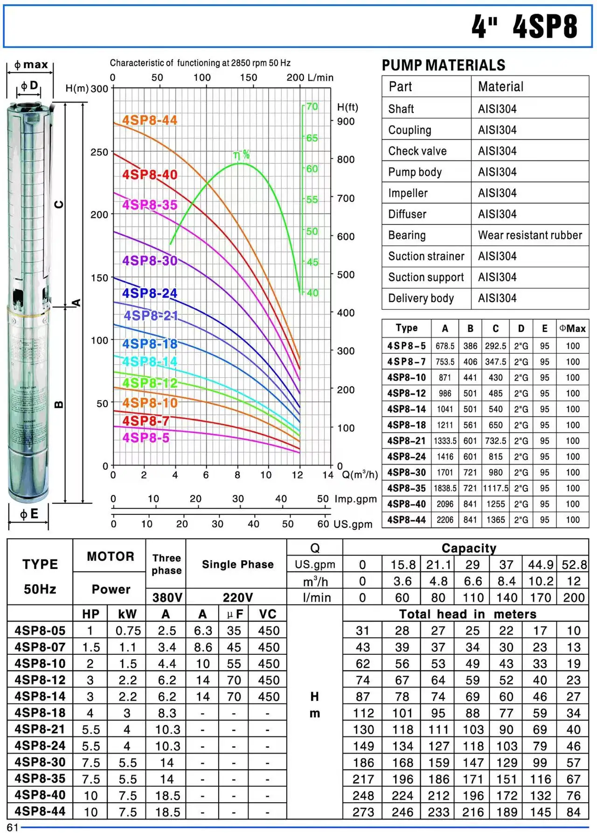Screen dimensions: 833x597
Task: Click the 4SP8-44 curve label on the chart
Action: coord(150,120)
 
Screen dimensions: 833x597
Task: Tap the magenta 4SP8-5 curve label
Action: coord(146,438)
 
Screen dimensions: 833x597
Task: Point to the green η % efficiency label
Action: coord(242,155)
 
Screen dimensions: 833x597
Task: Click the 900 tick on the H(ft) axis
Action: coord(346,121)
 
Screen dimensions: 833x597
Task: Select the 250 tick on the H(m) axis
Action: coord(99,152)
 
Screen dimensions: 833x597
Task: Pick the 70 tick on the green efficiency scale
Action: coord(312,106)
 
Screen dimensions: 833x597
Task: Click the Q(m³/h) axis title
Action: coord(360,475)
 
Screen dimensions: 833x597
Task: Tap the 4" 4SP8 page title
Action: coord(524,26)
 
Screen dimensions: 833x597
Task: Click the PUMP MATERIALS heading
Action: coord(444,65)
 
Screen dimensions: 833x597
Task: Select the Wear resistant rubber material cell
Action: coord(530,235)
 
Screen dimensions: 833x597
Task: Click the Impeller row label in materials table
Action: coord(408,193)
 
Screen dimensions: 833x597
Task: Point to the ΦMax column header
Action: coord(572,328)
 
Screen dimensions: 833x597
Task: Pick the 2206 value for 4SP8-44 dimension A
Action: coord(445,520)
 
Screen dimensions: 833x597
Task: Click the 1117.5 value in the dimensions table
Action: coord(495,488)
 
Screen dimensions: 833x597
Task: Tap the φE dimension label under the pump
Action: coord(29,514)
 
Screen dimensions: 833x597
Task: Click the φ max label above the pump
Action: coord(31,64)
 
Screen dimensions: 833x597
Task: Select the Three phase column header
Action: coord(167,564)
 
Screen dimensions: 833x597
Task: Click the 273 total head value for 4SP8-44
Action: coord(363,812)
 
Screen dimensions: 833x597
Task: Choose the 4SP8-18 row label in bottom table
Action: coord(40,713)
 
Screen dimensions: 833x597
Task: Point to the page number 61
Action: coord(13,827)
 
